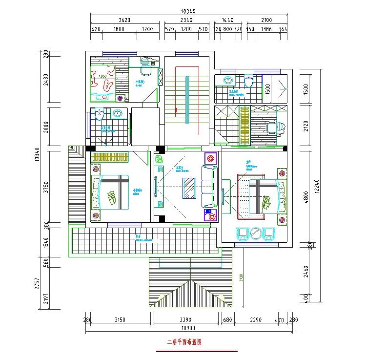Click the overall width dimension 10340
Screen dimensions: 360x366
pyautogui.click(x=188, y=11)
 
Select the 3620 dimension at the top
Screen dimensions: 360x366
pyautogui.click(x=124, y=20)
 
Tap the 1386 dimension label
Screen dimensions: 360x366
pyautogui.click(x=266, y=29)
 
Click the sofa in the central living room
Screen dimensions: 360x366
pyautogui.click(x=208, y=187)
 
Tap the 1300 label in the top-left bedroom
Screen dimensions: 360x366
pyautogui.click(x=103, y=77)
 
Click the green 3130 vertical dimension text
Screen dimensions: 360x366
pyautogui.click(x=241, y=278)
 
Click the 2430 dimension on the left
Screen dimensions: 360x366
pyautogui.click(x=46, y=80)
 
